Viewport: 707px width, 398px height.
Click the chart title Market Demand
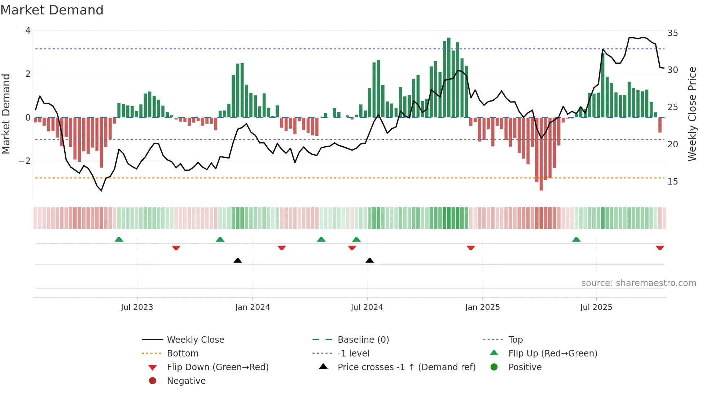click(x=52, y=10)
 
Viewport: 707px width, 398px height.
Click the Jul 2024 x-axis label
click(x=367, y=307)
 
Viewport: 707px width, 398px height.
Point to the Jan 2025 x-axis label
click(x=482, y=307)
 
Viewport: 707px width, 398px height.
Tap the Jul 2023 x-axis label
click(x=137, y=307)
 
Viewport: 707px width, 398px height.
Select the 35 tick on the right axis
click(x=672, y=33)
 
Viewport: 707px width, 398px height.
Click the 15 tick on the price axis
click(x=672, y=182)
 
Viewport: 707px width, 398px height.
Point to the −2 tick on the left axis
click(x=25, y=161)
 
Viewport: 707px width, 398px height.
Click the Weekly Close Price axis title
click(x=692, y=114)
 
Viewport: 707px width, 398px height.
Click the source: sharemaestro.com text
click(x=638, y=283)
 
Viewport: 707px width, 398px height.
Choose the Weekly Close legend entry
click(x=195, y=340)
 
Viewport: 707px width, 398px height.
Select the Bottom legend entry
click(x=183, y=354)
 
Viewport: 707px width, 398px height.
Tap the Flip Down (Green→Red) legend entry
click(x=218, y=367)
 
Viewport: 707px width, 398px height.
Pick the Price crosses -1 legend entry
click(x=406, y=367)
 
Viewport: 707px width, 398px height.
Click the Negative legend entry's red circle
click(x=153, y=381)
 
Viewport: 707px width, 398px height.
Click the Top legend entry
click(x=515, y=340)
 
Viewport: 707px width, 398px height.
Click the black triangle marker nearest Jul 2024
click(x=369, y=260)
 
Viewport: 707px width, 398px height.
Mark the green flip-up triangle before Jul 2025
click(x=576, y=239)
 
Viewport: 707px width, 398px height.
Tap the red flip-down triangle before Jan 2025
click(x=470, y=248)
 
